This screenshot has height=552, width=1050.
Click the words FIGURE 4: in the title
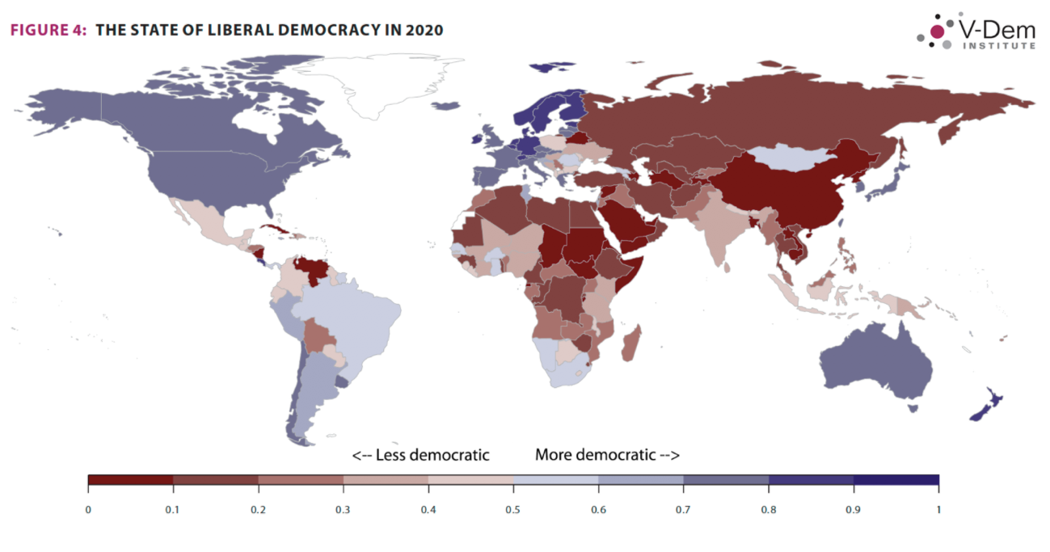(x=48, y=30)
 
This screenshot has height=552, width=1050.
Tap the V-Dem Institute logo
(x=976, y=32)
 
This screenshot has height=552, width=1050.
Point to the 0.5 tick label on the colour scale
(x=512, y=509)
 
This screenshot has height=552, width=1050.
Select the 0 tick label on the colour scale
(x=87, y=509)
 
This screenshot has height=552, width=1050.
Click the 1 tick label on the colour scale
(x=937, y=509)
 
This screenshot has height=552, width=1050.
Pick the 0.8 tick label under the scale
(x=768, y=509)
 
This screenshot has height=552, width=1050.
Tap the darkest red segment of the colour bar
(x=130, y=479)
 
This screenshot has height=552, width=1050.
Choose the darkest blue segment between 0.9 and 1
(x=896, y=479)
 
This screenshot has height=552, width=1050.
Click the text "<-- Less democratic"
(x=420, y=455)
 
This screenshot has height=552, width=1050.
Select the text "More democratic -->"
(x=607, y=455)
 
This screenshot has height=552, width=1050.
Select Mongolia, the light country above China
(x=788, y=157)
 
